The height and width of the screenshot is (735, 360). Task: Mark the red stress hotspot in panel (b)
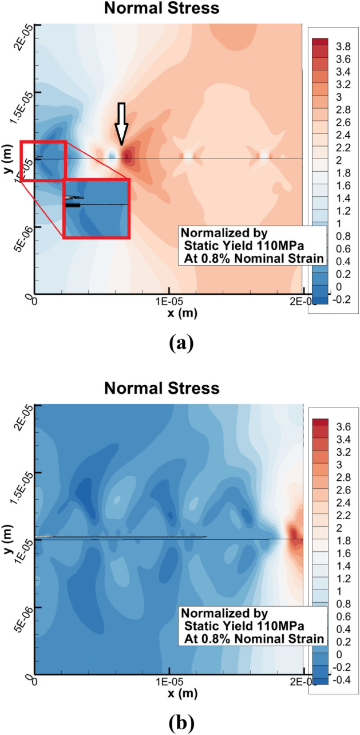coord(295,535)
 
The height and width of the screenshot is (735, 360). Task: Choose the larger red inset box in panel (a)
coord(96,208)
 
